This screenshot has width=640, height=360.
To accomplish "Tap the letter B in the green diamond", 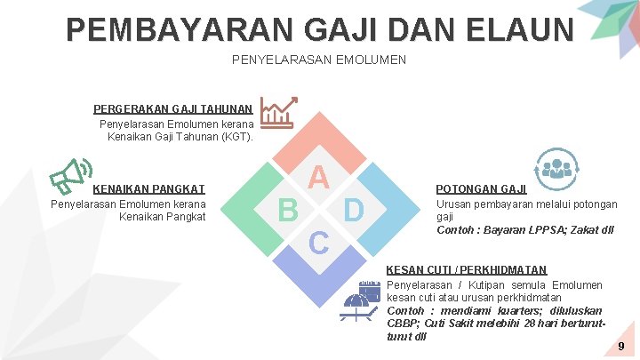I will click(287, 210).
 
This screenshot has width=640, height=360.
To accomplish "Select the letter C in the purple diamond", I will click(319, 242).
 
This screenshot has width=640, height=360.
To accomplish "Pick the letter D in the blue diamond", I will click(353, 210).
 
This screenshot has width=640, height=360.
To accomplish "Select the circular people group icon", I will click(557, 169).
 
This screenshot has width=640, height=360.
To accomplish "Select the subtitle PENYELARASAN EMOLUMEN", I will click(318, 60).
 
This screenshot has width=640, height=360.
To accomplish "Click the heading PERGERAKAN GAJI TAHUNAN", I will click(173, 109).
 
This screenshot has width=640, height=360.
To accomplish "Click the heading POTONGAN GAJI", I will click(481, 188).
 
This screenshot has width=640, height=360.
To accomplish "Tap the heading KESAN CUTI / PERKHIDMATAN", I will click(467, 269).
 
